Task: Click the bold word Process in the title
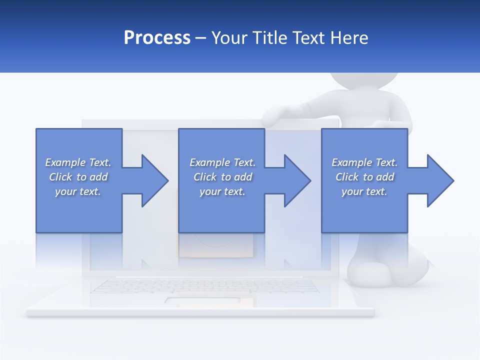pyautogui.click(x=157, y=38)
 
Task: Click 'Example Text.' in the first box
pyautogui.click(x=78, y=162)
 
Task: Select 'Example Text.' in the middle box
pyautogui.click(x=222, y=162)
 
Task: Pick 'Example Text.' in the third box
pyautogui.click(x=364, y=162)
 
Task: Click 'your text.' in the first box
pyautogui.click(x=78, y=191)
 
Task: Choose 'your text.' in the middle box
pyautogui.click(x=222, y=191)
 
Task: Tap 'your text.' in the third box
pyautogui.click(x=364, y=191)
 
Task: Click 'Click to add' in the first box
pyautogui.click(x=78, y=177)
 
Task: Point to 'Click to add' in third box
pyautogui.click(x=364, y=177)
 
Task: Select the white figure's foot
pyautogui.click(x=372, y=274)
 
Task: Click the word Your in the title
pyautogui.click(x=229, y=38)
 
